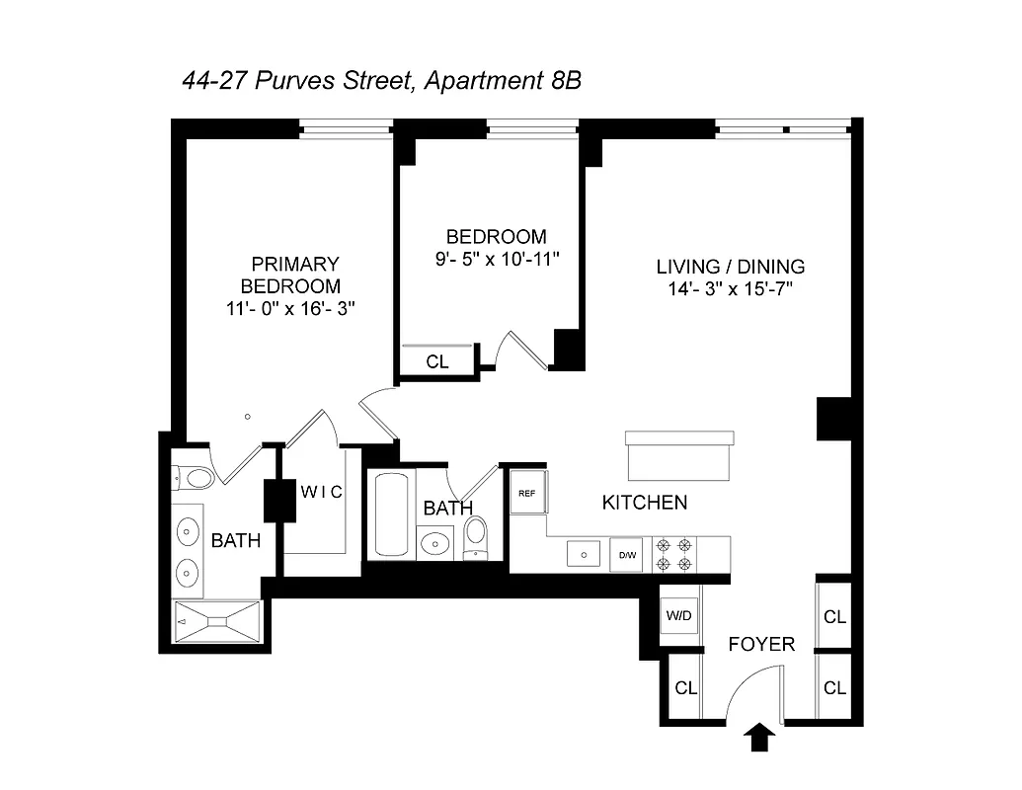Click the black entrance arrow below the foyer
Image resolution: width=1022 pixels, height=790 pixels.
click(758, 737)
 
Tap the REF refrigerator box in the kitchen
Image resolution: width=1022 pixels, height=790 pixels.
click(527, 493)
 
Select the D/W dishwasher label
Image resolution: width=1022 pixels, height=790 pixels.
click(628, 555)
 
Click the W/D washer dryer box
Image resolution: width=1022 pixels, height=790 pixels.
click(680, 615)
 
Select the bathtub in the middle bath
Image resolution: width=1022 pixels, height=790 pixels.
click(391, 515)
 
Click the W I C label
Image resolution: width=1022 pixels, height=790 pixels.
click(322, 492)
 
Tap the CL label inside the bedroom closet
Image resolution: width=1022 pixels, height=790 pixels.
click(437, 361)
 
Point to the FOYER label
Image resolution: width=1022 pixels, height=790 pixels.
click(761, 644)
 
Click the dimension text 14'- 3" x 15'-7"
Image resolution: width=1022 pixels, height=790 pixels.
click(731, 289)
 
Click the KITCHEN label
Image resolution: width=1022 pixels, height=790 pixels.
click(645, 503)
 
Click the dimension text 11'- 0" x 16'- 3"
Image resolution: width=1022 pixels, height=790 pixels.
click(290, 308)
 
